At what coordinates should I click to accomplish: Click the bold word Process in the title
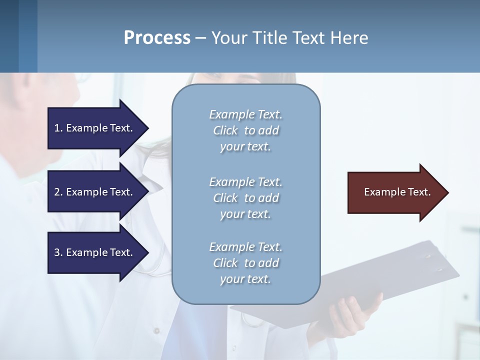157,38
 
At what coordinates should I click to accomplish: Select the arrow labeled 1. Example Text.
95,128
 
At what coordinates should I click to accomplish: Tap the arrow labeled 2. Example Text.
95,192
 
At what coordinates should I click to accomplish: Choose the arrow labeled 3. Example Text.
95,252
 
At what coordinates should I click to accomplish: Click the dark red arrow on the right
395,192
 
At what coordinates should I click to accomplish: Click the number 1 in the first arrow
57,128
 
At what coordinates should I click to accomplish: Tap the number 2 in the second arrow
57,192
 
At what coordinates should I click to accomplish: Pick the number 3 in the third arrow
57,252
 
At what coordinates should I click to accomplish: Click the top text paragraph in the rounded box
245,130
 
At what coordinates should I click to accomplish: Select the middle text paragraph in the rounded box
245,198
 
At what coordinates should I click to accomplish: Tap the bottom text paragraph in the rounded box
245,263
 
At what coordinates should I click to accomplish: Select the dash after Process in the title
201,38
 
